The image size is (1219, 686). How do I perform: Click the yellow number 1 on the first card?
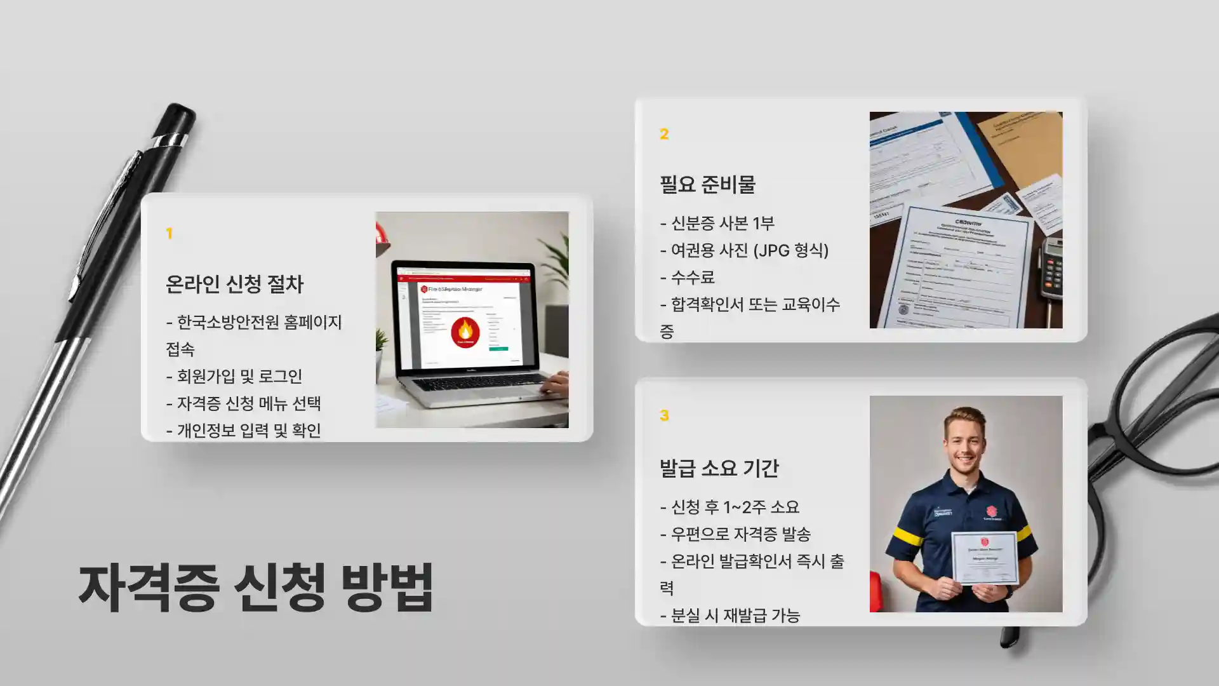coord(169,234)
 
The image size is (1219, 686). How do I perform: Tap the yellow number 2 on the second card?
coord(664,134)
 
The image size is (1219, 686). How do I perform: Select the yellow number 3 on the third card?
coord(664,415)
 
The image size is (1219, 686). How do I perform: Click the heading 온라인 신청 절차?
coord(234,284)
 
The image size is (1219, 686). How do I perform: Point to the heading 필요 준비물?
coord(707,185)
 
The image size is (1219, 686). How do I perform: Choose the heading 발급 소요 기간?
coord(719,469)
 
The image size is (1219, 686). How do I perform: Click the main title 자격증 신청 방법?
coord(256,587)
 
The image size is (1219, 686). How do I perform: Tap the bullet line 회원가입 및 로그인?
coord(234,377)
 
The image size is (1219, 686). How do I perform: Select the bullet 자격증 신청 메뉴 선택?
coord(244,403)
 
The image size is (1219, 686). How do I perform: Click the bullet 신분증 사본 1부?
coord(717,224)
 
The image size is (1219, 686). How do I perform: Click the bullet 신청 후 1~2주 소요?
coord(729,507)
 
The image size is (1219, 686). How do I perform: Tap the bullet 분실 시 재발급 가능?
coord(730,615)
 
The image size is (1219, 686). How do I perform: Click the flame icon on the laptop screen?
coord(465,330)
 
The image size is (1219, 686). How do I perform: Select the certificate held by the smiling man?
coord(984,558)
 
